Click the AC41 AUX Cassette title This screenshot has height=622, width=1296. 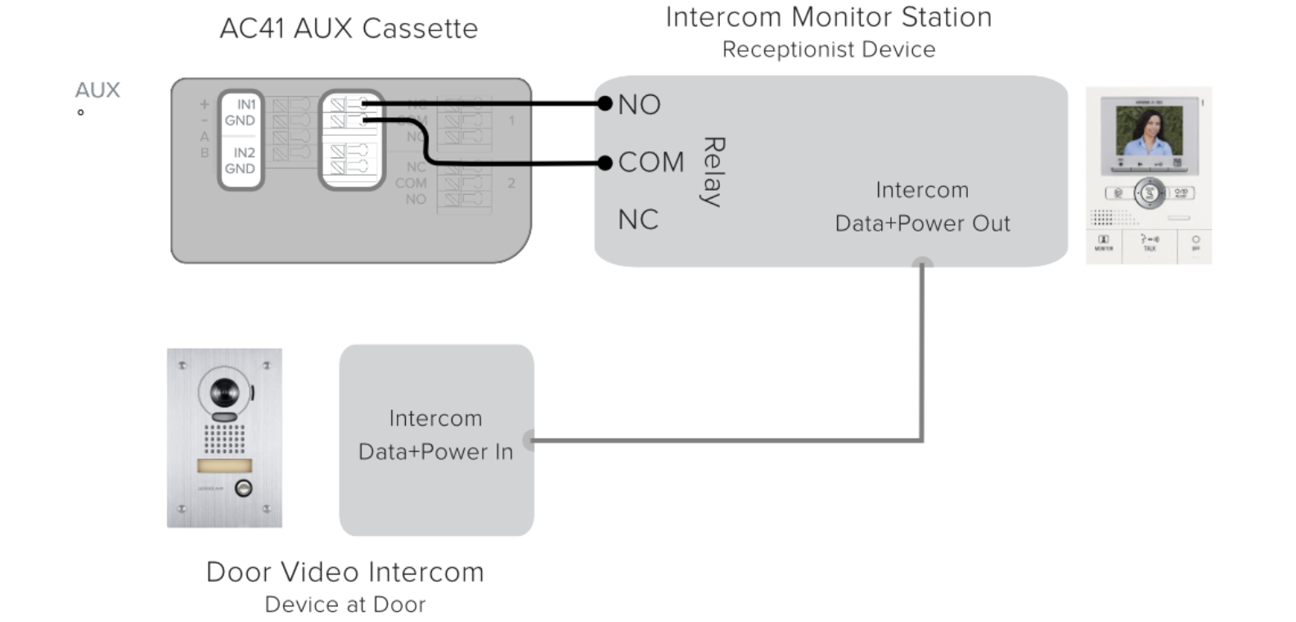point(349,29)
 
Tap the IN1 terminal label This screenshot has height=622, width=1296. point(245,105)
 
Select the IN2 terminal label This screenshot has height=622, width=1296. point(244,153)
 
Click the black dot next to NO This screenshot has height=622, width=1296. point(605,103)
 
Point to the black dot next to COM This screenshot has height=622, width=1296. point(605,163)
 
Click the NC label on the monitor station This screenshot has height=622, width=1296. point(638,220)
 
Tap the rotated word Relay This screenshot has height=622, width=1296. point(713,172)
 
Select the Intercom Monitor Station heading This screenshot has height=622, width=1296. point(828,17)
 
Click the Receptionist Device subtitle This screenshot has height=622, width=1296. point(828,50)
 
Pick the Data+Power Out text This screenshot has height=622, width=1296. point(922,223)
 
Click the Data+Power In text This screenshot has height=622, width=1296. point(435,452)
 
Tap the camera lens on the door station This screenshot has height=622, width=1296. point(223,394)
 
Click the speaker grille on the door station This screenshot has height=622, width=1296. point(224,438)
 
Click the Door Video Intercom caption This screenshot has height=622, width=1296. point(344,572)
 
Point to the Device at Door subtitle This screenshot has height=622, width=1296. point(344,605)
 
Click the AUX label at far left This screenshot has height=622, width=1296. point(97,90)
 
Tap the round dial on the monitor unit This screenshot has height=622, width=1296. point(1150,194)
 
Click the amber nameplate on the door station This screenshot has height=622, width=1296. point(224,466)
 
